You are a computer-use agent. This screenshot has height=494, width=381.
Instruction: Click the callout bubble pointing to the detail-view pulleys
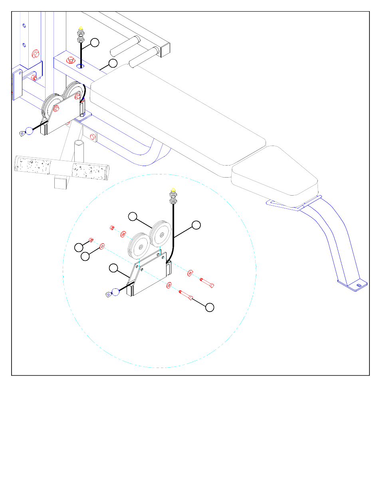coord(133,216)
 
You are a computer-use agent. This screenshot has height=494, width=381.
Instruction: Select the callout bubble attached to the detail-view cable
coord(196,225)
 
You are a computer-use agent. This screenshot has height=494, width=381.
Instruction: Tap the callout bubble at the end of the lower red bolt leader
coord(210,307)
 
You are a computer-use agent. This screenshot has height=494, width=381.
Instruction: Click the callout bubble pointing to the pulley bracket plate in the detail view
coord(114,268)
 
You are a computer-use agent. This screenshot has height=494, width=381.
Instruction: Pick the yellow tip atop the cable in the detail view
coord(173,190)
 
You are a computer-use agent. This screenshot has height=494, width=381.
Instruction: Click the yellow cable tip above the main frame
coord(81,28)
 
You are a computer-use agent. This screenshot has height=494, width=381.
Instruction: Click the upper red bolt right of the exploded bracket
coord(206,282)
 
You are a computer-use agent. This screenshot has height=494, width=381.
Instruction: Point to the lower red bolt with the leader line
coord(186,295)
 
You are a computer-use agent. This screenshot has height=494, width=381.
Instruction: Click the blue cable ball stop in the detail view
coord(115,292)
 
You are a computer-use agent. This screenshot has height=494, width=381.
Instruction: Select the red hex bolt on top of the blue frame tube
coord(71,60)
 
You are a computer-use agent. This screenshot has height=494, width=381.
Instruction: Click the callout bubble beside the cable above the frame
coord(95,42)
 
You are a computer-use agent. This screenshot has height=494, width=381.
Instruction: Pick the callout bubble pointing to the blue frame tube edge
coord(113,63)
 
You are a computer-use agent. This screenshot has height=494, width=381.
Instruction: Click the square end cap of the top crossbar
coord(165,50)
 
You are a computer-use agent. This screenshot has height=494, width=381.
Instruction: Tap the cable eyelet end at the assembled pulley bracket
coord(22,133)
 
